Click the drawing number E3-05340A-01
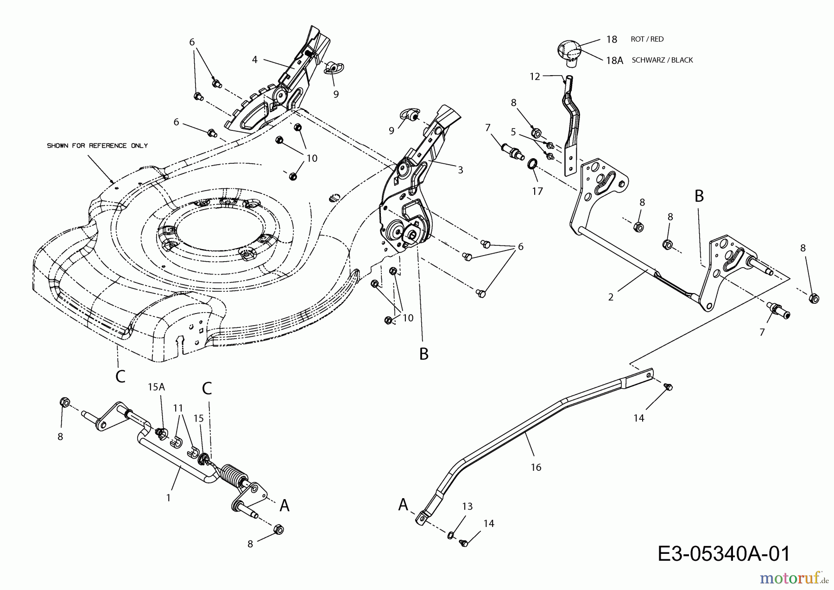724,553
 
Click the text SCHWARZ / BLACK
662,60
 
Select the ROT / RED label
647,39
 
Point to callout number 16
536,468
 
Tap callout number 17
537,191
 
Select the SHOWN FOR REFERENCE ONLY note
97,146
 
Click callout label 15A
156,387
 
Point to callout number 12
535,77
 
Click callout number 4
254,59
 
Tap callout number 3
460,170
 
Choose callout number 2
611,297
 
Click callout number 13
467,507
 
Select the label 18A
614,60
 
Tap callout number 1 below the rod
168,498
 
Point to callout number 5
513,132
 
